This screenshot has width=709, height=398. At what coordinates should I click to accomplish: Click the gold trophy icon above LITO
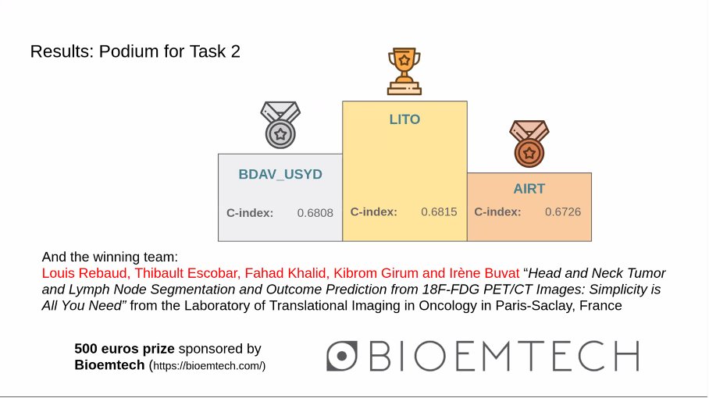404,71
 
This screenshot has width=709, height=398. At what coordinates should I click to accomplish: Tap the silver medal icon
280,125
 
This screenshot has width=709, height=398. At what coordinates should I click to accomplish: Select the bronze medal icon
529,144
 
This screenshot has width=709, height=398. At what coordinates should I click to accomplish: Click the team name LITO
404,119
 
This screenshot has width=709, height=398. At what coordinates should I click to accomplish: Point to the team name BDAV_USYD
280,174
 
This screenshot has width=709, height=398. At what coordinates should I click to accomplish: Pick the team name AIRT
529,188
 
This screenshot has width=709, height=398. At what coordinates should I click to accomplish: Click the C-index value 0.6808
315,213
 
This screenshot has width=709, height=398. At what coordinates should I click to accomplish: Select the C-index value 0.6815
439,211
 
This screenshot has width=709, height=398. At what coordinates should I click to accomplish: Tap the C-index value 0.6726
563,211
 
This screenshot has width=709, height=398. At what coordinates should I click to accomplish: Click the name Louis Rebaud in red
84,273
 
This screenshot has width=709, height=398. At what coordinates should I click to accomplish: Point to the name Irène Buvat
484,273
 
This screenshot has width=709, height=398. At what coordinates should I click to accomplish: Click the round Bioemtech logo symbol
342,356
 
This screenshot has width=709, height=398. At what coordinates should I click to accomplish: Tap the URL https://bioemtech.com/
208,366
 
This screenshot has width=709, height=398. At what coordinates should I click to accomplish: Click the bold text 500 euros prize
124,349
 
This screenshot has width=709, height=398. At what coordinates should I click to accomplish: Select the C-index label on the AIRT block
497,211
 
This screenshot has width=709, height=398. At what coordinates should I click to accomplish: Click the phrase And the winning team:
110,257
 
